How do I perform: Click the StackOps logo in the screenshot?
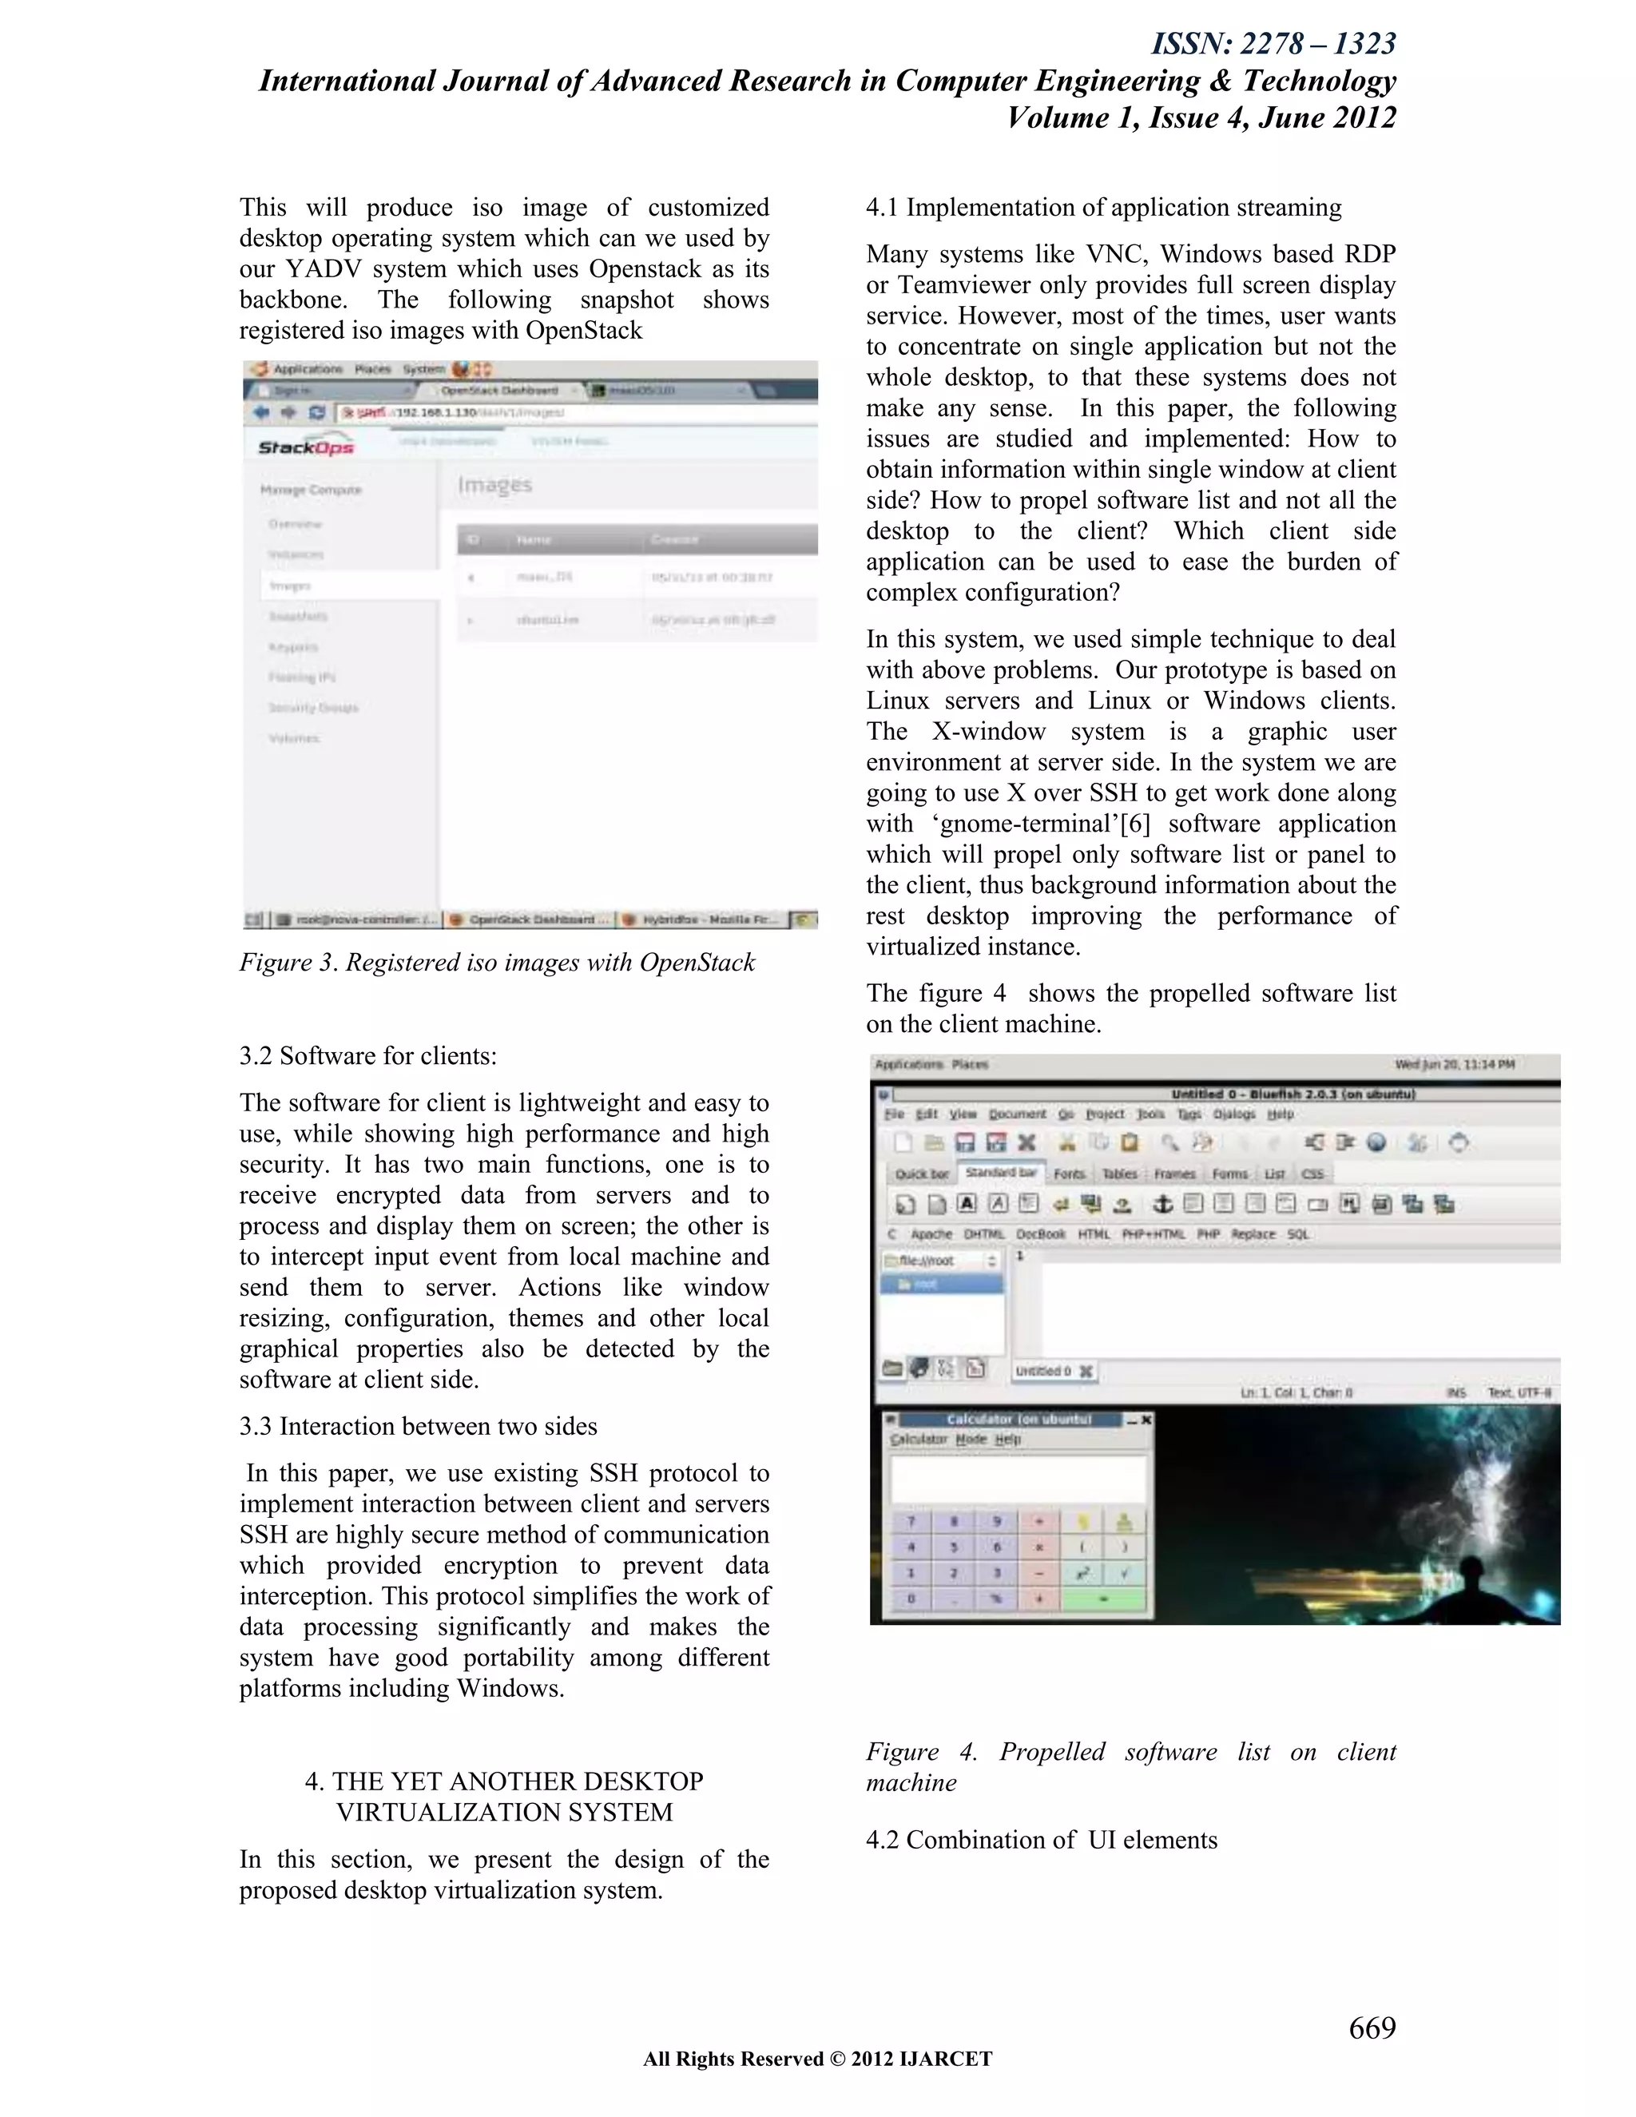click(x=305, y=446)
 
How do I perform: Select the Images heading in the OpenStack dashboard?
click(x=495, y=485)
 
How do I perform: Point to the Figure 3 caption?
click(x=497, y=963)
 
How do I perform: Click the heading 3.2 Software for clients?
click(x=368, y=1055)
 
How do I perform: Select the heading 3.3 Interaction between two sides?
click(x=419, y=1426)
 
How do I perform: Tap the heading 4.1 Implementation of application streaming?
click(x=1104, y=208)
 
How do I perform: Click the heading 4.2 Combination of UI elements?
click(x=1042, y=1840)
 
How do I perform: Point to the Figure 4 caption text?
click(x=1130, y=1767)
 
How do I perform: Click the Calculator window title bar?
click(x=1018, y=1419)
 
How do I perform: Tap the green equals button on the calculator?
click(x=1103, y=1599)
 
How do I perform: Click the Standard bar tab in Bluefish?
click(x=1001, y=1173)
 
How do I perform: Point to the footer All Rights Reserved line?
click(x=817, y=2059)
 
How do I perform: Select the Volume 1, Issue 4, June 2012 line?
click(x=1201, y=117)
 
